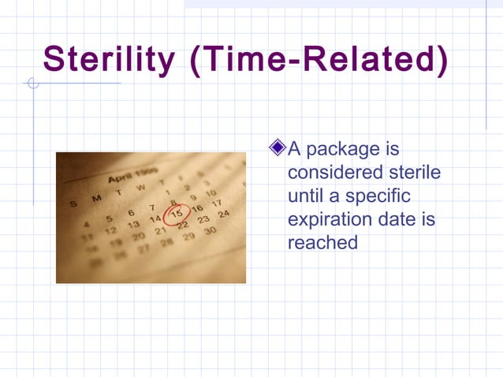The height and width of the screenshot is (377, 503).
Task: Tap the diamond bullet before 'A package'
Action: [277, 147]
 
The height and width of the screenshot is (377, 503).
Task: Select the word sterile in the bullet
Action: [415, 172]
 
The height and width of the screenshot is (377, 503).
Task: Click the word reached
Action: [322, 242]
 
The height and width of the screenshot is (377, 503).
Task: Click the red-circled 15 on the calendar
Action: [177, 213]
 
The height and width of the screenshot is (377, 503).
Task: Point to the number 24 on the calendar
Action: [223, 214]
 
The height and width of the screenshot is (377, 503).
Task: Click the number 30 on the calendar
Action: [209, 231]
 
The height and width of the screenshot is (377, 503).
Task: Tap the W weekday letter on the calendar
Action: [141, 187]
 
